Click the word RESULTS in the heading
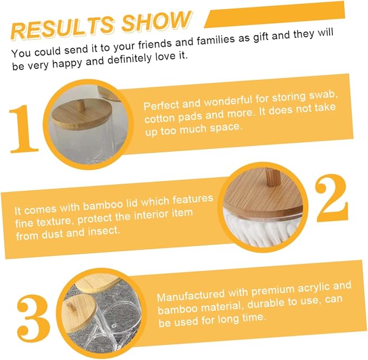[63, 28]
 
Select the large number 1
[23, 129]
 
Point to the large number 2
[332, 198]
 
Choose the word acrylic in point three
[312, 289]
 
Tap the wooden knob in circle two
[273, 178]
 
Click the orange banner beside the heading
[275, 15]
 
